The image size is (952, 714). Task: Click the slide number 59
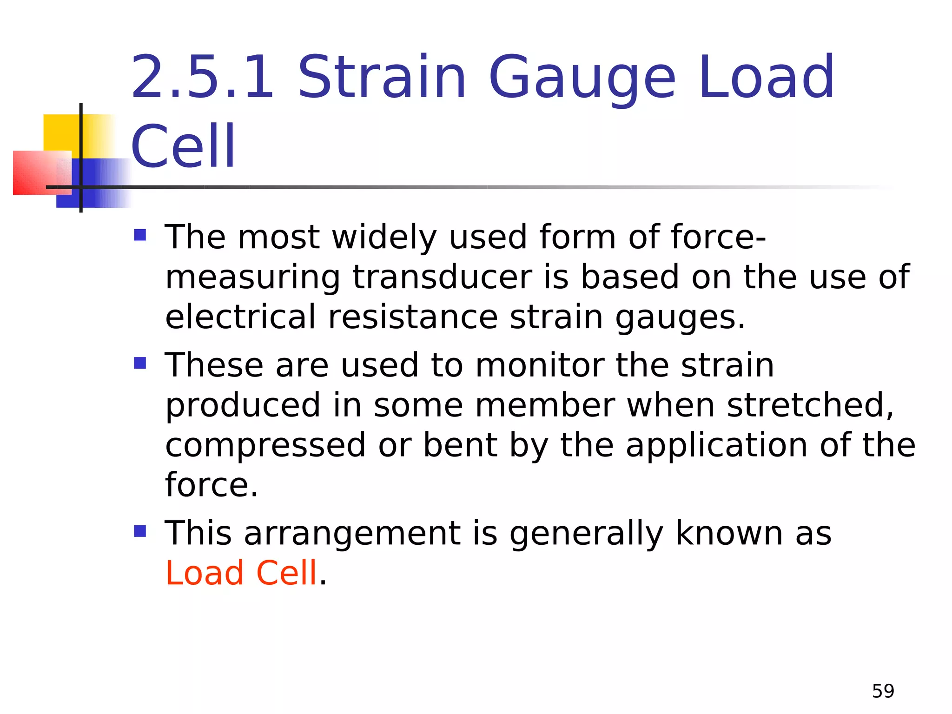[883, 691]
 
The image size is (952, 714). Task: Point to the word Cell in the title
[184, 146]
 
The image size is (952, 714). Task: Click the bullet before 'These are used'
[140, 363]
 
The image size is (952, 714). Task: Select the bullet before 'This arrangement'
[140, 531]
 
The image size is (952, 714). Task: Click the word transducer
[442, 277]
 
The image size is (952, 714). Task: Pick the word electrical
[240, 317]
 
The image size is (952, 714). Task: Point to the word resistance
[413, 317]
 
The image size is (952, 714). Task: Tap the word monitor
[539, 365]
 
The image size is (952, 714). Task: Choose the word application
[716, 445]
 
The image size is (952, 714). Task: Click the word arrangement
[352, 534]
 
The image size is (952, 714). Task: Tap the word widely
[384, 238]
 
